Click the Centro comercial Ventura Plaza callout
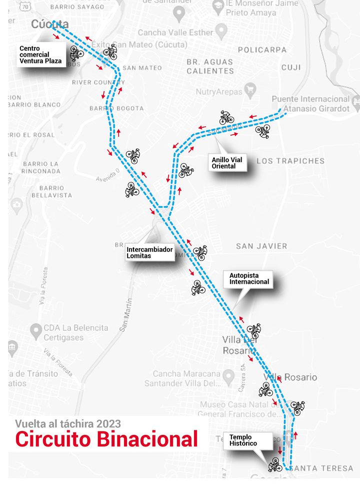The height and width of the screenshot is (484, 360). pyautogui.click(x=40, y=55)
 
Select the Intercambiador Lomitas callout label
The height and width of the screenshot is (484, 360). pyautogui.click(x=149, y=252)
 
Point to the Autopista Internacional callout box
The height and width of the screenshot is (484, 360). pyautogui.click(x=249, y=279)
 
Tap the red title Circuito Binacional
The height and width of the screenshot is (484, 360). pyautogui.click(x=106, y=439)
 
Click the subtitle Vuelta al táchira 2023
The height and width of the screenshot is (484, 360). pyautogui.click(x=68, y=423)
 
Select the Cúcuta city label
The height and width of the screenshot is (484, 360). pyautogui.click(x=49, y=24)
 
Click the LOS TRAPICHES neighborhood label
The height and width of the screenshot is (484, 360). pyautogui.click(x=290, y=161)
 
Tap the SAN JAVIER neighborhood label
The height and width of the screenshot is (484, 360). pyautogui.click(x=261, y=246)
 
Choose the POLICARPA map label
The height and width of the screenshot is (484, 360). pyautogui.click(x=262, y=50)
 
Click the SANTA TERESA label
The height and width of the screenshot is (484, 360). pyautogui.click(x=321, y=468)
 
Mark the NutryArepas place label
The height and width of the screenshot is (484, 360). pyautogui.click(x=218, y=92)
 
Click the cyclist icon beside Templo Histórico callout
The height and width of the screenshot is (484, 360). pyautogui.click(x=275, y=464)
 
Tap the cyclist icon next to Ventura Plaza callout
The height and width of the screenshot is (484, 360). pyautogui.click(x=76, y=52)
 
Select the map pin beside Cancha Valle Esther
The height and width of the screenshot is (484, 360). pyautogui.click(x=222, y=33)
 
